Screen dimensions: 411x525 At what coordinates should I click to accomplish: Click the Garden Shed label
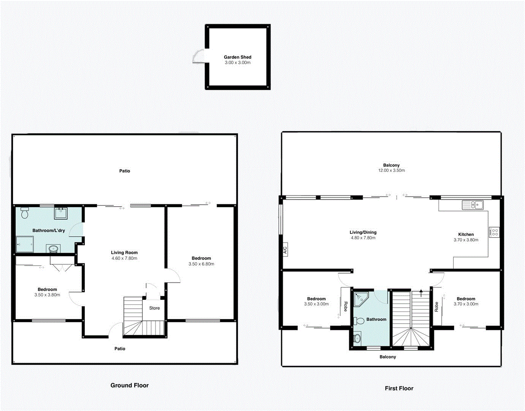tap(237, 57)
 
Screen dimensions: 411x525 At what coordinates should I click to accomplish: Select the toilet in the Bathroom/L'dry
tap(25, 213)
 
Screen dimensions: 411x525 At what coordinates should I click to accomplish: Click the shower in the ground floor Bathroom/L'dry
tap(25, 244)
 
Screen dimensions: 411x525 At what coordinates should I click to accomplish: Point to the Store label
tap(154, 308)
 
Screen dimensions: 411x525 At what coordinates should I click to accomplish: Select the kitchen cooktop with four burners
tap(494, 232)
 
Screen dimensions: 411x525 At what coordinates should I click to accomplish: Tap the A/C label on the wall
tap(285, 250)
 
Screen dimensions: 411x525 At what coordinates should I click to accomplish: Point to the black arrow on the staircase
tap(421, 293)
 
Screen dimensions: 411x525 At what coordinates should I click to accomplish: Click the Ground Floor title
tap(130, 386)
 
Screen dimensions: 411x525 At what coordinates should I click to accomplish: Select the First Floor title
tap(399, 389)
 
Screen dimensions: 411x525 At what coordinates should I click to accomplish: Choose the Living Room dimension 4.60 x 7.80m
tap(124, 258)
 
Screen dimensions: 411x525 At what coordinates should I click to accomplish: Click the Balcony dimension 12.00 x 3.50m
tap(391, 170)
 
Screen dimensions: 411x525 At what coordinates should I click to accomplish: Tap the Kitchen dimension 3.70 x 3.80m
tap(466, 240)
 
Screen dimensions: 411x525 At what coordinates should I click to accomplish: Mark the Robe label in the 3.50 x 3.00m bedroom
tap(345, 306)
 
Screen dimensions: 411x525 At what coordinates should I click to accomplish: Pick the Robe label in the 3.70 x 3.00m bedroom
tap(436, 307)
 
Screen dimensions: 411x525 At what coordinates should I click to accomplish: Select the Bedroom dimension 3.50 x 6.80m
tap(201, 264)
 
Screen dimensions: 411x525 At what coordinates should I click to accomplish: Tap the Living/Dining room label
tap(363, 232)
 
